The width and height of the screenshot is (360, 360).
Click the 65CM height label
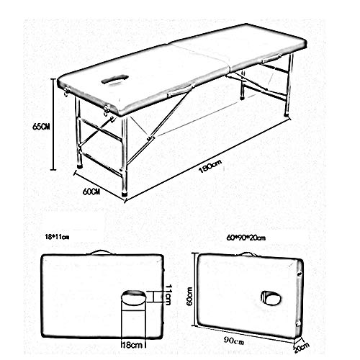[x=41, y=127]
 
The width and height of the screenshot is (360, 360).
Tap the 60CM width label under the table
[x=91, y=192]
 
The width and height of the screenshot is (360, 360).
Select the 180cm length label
[x=210, y=166]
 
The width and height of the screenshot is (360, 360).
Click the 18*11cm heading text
[x=57, y=237]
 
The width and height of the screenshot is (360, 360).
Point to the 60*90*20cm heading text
[x=246, y=238]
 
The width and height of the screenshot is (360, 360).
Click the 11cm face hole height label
[x=168, y=294]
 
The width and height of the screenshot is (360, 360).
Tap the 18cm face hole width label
[x=132, y=345]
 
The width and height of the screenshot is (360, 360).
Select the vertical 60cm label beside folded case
[x=189, y=297]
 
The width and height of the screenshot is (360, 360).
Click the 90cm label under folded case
[x=234, y=341]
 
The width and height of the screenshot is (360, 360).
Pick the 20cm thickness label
[x=302, y=348]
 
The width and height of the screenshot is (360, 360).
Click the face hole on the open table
[x=114, y=79]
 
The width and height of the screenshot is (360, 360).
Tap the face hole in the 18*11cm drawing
[x=133, y=297]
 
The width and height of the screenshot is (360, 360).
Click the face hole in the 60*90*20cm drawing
[x=271, y=298]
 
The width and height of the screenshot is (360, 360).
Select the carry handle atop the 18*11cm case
[x=102, y=252]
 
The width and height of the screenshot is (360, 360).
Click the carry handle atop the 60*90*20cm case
[x=247, y=254]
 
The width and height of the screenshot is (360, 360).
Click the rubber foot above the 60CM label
[x=125, y=194]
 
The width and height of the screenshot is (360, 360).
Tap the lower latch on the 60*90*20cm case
[x=299, y=323]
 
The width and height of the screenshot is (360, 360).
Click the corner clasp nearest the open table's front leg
[x=107, y=109]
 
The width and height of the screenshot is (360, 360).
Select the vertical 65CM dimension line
[x=53, y=125]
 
